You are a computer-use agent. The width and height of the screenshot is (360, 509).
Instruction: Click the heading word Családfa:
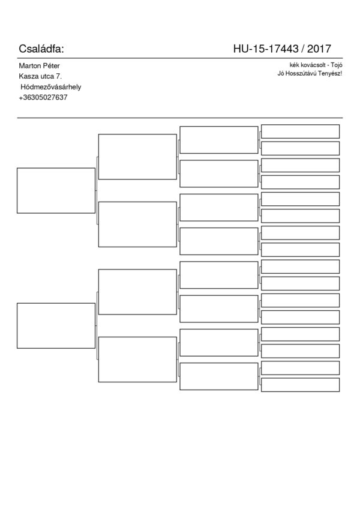(x=41, y=49)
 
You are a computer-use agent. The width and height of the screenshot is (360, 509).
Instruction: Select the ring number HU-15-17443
(x=266, y=49)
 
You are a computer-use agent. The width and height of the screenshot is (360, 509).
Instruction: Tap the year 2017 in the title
(x=319, y=49)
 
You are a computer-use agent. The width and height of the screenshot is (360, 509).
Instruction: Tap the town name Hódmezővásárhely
(x=50, y=87)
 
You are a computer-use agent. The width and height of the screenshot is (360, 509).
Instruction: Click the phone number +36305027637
(x=43, y=97)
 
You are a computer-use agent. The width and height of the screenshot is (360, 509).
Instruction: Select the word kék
(x=294, y=65)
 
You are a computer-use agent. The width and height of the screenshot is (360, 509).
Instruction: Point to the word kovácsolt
(x=313, y=65)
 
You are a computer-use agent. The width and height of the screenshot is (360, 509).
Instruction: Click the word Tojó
(x=337, y=65)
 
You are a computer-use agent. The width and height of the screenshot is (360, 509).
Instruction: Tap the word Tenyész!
(x=330, y=73)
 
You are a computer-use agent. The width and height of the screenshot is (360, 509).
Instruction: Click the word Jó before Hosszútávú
(x=280, y=73)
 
